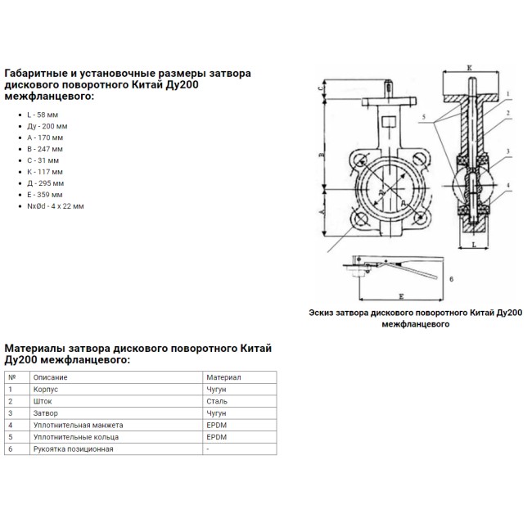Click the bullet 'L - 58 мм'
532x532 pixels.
pos(43,115)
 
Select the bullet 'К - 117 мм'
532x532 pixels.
pos(46,172)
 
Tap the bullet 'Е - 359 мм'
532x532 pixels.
pos(46,195)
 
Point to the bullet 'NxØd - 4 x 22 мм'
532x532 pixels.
pos(56,206)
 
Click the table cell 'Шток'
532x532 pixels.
pos(42,402)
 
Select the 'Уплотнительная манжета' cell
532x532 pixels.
pos(77,426)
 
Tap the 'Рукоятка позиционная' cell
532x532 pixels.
pos(73,449)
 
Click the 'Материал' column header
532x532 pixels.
pos(223,377)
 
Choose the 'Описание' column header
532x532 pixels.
pos(50,377)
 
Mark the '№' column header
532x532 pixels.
pos(11,377)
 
